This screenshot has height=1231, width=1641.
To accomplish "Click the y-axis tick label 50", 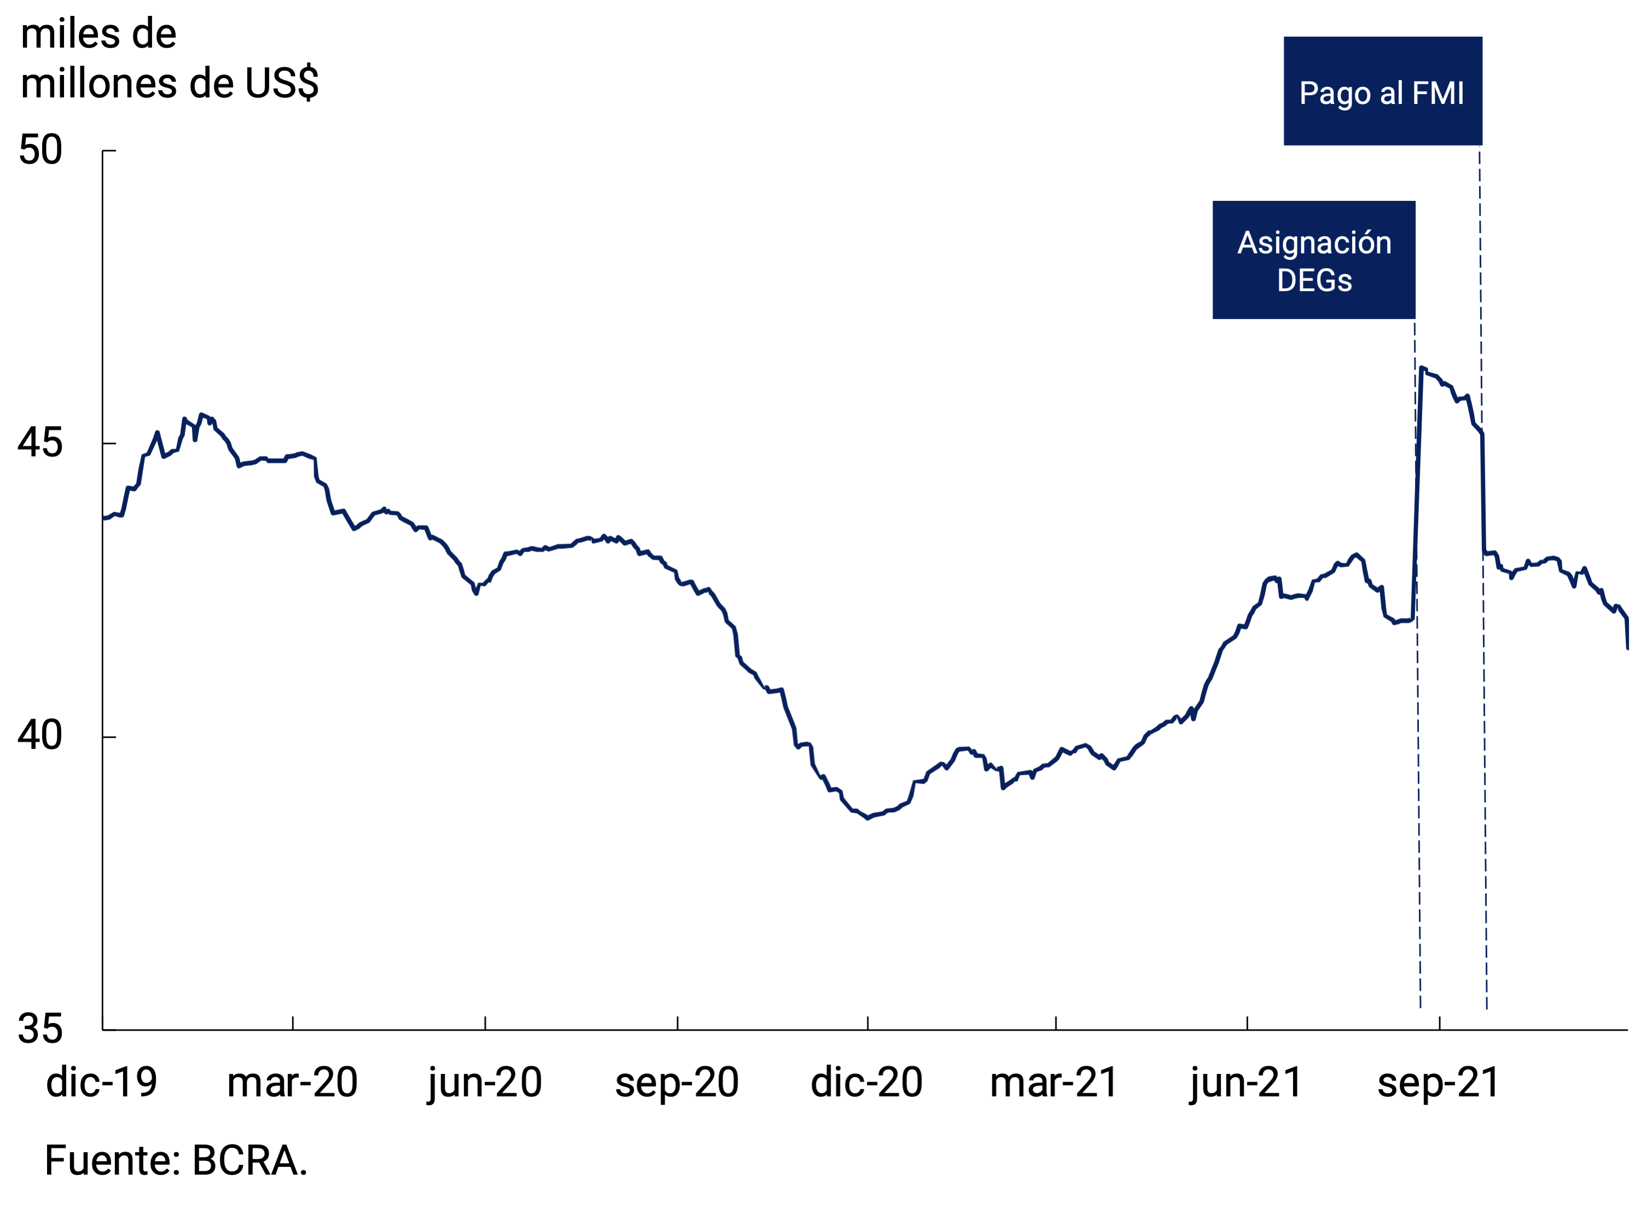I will coord(40,151).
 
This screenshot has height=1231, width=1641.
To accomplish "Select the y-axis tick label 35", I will coord(40,1028).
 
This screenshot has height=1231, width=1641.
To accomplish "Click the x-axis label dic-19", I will coord(102,1083).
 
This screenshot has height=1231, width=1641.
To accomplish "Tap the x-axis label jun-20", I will coord(484,1083).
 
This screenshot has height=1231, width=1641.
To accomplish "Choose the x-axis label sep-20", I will coord(676,1083).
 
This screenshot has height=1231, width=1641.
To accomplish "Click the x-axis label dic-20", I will coord(867,1083).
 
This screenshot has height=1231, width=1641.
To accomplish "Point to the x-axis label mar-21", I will coord(1054,1083).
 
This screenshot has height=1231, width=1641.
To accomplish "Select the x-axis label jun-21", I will coord(1246,1083).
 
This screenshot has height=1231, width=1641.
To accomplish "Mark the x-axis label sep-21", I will coord(1439,1083).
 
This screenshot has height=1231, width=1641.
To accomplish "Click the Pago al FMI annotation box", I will coord(1383,91).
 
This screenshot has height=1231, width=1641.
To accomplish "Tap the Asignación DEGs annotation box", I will coord(1314,259).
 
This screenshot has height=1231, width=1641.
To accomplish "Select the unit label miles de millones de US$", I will coord(169,59).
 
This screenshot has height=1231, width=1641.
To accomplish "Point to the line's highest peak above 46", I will coord(1422,367).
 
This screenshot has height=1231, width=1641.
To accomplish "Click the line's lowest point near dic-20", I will coord(868,818).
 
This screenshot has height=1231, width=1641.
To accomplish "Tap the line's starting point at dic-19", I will coord(104,518).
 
